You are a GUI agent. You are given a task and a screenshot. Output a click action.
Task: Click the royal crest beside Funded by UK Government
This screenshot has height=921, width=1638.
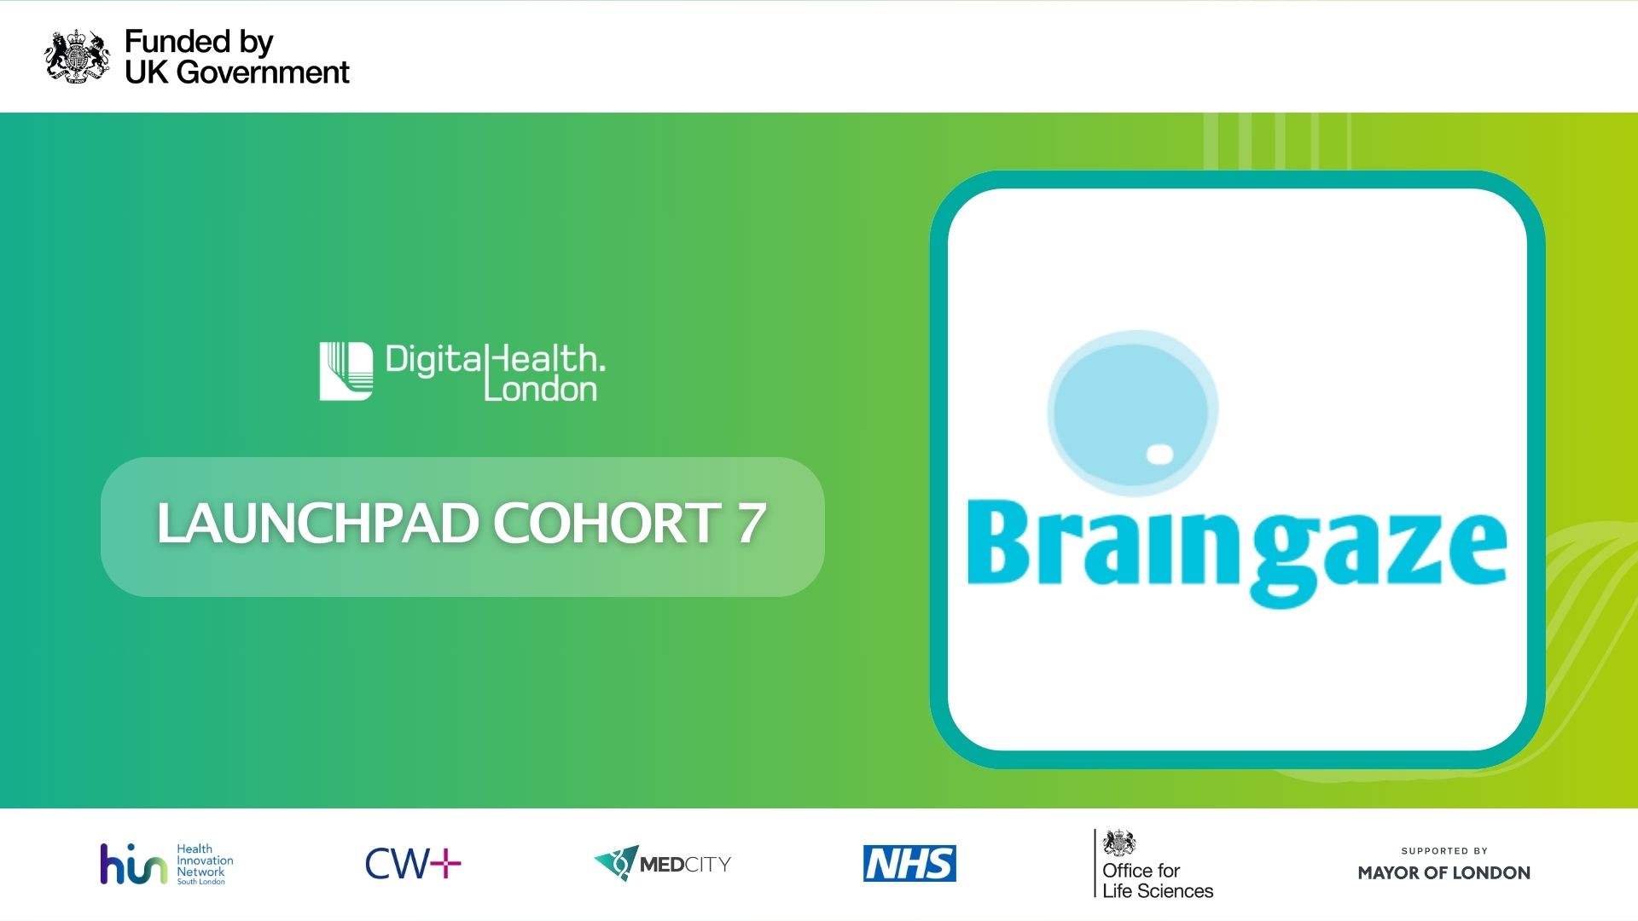click(x=77, y=56)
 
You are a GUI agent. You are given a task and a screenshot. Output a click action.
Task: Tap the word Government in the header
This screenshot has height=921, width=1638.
click(x=264, y=72)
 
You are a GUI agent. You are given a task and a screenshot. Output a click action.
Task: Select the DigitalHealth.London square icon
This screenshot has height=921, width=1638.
click(x=346, y=371)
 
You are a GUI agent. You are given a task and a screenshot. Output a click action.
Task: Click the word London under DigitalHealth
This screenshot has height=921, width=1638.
click(x=540, y=390)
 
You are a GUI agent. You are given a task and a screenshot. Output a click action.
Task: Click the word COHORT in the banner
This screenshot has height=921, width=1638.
click(x=607, y=523)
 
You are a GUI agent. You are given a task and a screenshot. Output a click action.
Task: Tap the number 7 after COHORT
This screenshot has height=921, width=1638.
click(x=751, y=523)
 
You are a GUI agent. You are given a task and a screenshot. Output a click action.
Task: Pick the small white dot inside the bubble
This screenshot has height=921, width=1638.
click(x=1159, y=455)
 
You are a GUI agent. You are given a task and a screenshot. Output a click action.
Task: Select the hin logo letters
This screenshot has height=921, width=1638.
click(x=133, y=865)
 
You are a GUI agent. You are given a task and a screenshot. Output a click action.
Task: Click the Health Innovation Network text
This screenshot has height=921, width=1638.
click(x=205, y=863)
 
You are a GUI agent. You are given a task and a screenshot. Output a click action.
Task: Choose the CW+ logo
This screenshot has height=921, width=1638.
click(x=413, y=864)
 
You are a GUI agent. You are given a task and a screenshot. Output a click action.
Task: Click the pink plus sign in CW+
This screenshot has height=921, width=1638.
click(x=445, y=864)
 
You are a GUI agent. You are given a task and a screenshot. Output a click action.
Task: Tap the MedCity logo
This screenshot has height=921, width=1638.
click(x=663, y=864)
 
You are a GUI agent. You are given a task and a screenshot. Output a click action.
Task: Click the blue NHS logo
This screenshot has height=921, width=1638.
click(x=909, y=864)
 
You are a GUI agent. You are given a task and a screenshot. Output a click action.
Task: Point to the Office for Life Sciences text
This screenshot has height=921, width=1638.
click(x=1157, y=880)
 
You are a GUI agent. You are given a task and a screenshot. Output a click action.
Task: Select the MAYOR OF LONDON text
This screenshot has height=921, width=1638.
click(x=1443, y=872)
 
